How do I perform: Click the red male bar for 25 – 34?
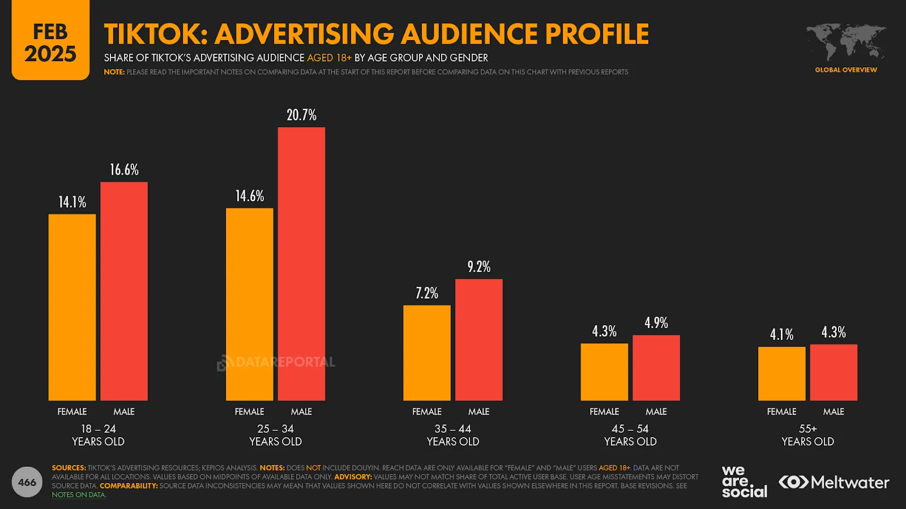(x=301, y=264)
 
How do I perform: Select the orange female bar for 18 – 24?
(x=72, y=307)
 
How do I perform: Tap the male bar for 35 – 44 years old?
(x=478, y=339)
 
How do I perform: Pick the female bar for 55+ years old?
(x=781, y=373)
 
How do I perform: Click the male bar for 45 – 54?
(x=656, y=368)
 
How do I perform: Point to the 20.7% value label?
(x=301, y=115)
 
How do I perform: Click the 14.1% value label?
(x=72, y=202)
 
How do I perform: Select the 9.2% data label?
(x=478, y=267)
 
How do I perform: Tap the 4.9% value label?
(x=656, y=323)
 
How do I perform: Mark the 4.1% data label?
(x=781, y=335)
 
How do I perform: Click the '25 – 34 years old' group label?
(x=275, y=435)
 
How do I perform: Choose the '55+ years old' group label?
(x=807, y=435)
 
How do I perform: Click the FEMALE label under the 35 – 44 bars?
(x=426, y=412)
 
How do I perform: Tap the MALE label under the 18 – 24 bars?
(x=124, y=412)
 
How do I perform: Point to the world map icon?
(x=846, y=42)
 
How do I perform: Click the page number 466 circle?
(x=27, y=482)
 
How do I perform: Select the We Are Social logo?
(x=744, y=482)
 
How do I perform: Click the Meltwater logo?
(x=834, y=482)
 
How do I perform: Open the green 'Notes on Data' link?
(x=79, y=495)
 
